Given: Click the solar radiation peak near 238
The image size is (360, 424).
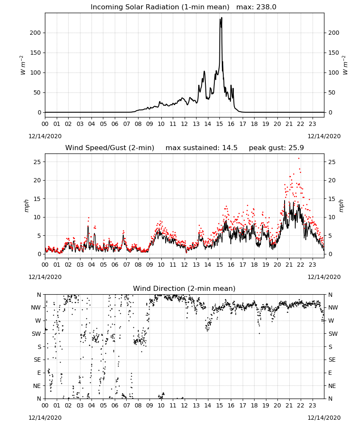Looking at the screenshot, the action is tap(222, 18).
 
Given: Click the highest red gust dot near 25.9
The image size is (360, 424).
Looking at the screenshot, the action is tap(299, 159).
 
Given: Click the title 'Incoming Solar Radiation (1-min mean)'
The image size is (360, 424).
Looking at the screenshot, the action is tap(160, 7).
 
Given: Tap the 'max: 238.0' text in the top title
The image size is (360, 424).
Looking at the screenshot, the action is tap(256, 7).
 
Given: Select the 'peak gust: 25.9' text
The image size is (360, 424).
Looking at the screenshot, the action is tap(276, 148).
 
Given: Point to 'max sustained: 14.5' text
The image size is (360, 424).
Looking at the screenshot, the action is tap(202, 148).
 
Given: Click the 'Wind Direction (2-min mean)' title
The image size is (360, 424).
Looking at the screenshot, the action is tap(184, 288).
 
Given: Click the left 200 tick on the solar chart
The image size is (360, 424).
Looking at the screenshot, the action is tap(35, 33).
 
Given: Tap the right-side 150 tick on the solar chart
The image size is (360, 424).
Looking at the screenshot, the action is tap(334, 53).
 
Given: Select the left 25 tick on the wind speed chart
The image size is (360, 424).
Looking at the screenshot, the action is tap(37, 162).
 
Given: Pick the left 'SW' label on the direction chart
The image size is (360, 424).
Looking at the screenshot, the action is tap(36, 334).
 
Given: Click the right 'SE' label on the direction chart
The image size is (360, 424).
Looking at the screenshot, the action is tap(332, 360).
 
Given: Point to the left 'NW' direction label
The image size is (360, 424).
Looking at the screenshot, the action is tap(36, 307).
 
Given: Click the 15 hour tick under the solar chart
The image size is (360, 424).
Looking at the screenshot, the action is tap(219, 124).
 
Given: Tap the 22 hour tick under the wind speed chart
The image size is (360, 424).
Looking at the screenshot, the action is tap(301, 265).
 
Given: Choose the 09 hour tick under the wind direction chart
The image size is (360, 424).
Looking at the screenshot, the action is tap(150, 406).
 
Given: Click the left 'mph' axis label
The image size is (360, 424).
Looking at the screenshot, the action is tap(26, 206).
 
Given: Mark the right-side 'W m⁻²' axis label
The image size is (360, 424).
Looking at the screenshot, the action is tap(345, 65).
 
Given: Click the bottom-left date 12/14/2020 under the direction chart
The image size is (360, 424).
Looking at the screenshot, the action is tap(45, 418).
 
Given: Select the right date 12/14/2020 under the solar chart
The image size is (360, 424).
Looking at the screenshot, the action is tap(324, 136).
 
